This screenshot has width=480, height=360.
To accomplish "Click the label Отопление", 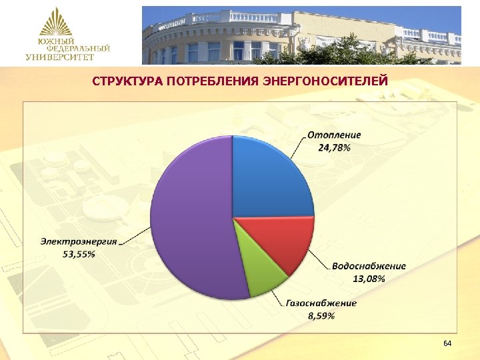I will [x=334, y=135].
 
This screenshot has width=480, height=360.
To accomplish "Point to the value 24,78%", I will [x=333, y=147].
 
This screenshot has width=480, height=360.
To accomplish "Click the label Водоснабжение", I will [x=369, y=266].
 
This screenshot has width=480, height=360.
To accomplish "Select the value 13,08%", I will [x=368, y=278].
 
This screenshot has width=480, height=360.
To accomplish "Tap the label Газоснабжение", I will [x=322, y=303].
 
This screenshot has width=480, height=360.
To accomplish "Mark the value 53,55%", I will [x=79, y=254].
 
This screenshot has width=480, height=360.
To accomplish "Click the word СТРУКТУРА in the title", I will [x=128, y=82].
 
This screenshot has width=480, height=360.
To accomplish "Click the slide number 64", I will [x=447, y=343].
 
